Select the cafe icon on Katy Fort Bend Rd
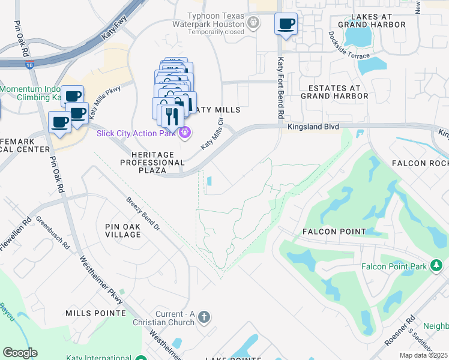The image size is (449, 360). [286, 25]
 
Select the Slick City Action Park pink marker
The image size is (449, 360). [185, 133]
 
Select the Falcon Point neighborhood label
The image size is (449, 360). [334, 231]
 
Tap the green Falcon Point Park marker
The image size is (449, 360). [437, 265]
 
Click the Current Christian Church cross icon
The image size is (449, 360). [204, 317]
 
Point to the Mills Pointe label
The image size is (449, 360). [96, 313]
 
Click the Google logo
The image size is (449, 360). [20, 353]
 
